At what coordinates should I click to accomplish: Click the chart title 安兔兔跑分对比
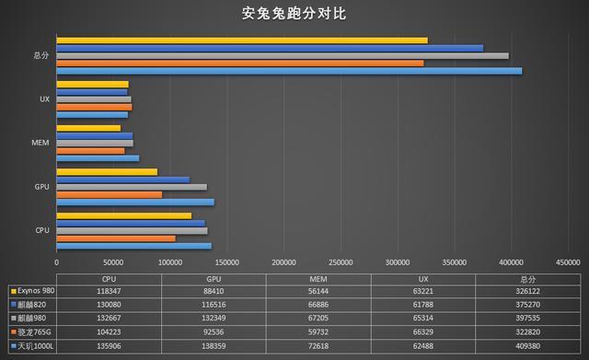[294, 15]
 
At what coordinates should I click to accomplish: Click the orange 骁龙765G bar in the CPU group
[115, 238]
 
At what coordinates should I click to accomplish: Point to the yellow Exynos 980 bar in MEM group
[87, 129]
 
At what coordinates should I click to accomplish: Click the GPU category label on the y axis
[41, 187]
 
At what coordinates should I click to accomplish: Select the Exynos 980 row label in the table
[35, 290]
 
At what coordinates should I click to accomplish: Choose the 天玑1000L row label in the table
[35, 345]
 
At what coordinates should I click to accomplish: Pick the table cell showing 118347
[109, 290]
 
